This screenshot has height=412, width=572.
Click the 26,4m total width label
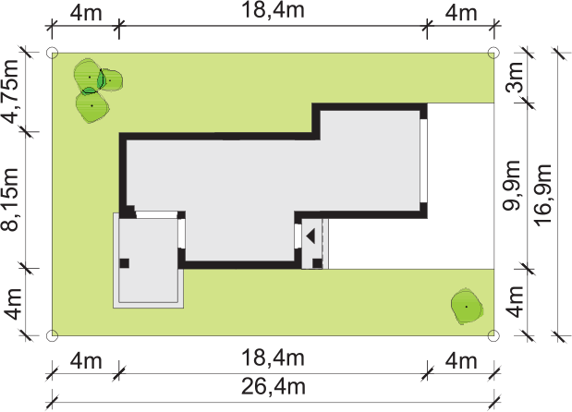pyautogui.click(x=274, y=387)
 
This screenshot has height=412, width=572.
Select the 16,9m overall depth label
pyautogui.click(x=543, y=195)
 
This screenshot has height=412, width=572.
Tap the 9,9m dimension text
pyautogui.click(x=512, y=186)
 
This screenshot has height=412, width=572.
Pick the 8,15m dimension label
pyautogui.click(x=10, y=200)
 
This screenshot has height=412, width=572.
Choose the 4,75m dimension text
pyautogui.click(x=10, y=91)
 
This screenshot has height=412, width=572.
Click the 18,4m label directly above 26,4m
pyautogui.click(x=273, y=358)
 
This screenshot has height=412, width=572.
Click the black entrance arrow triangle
pyautogui.click(x=310, y=236)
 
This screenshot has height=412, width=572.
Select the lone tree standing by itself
pyautogui.click(x=467, y=307)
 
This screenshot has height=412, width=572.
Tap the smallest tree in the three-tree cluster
pyautogui.click(x=111, y=79)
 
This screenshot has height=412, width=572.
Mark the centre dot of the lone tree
pyautogui.click(x=467, y=307)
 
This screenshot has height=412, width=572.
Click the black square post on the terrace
pyautogui.click(x=125, y=263)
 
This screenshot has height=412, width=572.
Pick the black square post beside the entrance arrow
pyautogui.click(x=317, y=263)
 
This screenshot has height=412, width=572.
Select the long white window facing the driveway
pyautogui.click(x=423, y=161)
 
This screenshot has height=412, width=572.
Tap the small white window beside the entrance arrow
pyautogui.click(x=298, y=236)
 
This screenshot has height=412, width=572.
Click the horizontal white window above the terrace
pyautogui.click(x=156, y=214)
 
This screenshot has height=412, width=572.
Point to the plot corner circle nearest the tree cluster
pyautogui.click(x=53, y=53)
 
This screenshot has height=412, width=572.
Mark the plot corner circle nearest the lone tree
pyautogui.click(x=493, y=335)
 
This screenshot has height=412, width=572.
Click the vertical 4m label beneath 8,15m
pyautogui.click(x=12, y=303)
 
